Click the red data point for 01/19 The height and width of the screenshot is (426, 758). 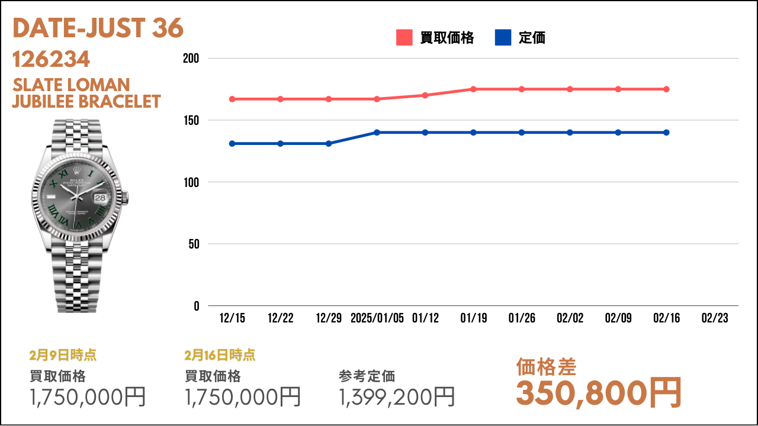click(473, 89)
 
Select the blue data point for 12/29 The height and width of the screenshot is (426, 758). click(329, 144)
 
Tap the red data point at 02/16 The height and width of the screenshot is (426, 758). click(666, 89)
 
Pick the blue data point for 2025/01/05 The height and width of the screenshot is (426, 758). click(377, 133)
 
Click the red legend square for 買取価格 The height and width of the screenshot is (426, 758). click(404, 37)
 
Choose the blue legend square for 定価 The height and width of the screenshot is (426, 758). click(503, 37)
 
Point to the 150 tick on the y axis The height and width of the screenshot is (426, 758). click(191, 120)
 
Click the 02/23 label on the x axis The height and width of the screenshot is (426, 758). click(715, 318)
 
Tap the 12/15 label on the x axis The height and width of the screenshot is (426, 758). click(232, 318)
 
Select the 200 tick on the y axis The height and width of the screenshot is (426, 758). click(191, 59)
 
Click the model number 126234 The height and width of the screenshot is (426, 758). click(51, 59)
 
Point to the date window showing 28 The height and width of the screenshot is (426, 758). click(100, 198)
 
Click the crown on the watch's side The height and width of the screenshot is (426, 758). click(126, 198)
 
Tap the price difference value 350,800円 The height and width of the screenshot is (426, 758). click(599, 393)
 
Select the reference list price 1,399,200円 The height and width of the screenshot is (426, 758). click(397, 396)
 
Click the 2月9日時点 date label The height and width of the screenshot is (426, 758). click(63, 356)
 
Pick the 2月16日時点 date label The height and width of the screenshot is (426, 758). click(220, 356)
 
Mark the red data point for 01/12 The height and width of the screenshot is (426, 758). click(425, 95)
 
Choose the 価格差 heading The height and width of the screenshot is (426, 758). click(546, 367)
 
